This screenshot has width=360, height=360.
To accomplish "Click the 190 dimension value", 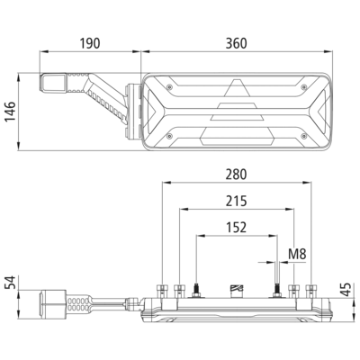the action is click(90, 43).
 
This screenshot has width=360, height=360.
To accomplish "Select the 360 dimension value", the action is click(237, 43).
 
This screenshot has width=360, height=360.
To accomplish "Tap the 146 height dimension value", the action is click(10, 112).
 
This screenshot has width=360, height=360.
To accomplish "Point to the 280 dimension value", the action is click(237, 175).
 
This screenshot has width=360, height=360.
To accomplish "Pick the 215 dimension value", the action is click(237, 201).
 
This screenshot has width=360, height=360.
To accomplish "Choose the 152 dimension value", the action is click(237, 228).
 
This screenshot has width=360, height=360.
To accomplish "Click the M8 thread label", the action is click(297, 254).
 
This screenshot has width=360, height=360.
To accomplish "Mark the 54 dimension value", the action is click(10, 283).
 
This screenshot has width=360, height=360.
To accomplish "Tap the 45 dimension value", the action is click(346, 290).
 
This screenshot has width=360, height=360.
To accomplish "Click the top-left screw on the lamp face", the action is click(170, 86).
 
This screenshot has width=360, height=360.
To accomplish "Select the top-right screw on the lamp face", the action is click(304, 86).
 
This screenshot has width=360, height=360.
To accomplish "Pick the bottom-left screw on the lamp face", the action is click(170, 136).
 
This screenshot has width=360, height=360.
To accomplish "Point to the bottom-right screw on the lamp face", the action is click(304, 136).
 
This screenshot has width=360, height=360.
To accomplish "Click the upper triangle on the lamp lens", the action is click(237, 88).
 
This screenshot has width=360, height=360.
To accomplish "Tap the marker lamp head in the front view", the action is click(53, 83).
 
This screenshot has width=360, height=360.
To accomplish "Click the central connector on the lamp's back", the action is click(237, 292).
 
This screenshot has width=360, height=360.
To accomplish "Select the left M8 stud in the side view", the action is click(196, 291).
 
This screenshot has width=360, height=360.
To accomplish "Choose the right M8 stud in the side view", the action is click(276, 291).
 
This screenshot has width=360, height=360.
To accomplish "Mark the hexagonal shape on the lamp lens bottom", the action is click(238, 136).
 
